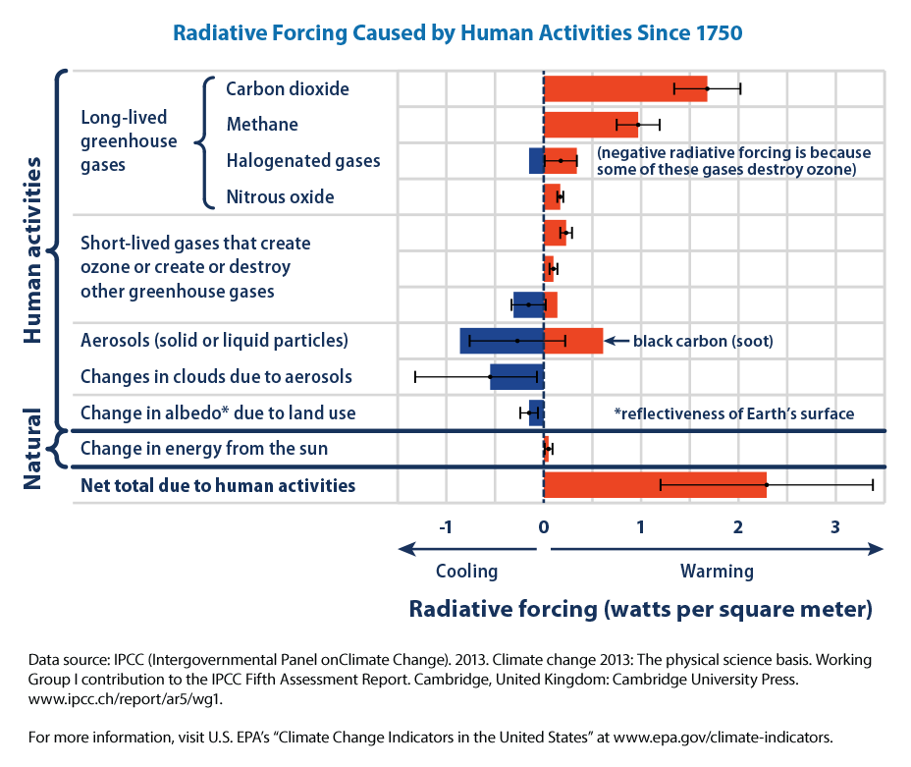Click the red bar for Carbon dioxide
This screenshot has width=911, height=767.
[624, 88]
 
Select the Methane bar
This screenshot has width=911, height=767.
[590, 125]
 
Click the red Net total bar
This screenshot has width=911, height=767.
[654, 485]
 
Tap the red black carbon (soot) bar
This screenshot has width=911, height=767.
[573, 341]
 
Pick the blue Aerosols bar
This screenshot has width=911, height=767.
[501, 341]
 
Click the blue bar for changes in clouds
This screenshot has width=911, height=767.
[516, 376]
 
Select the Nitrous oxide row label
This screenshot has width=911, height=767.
[280, 196]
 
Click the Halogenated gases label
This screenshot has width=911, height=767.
[302, 160]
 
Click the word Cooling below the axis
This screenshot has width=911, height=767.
[466, 571]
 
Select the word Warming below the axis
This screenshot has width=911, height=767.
[717, 571]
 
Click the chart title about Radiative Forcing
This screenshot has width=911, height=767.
[457, 32]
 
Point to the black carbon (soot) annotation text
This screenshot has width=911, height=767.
[703, 342]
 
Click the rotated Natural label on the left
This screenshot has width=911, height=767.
[31, 449]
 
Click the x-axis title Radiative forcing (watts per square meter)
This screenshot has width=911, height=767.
[640, 609]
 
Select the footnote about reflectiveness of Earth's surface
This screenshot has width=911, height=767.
[733, 413]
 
